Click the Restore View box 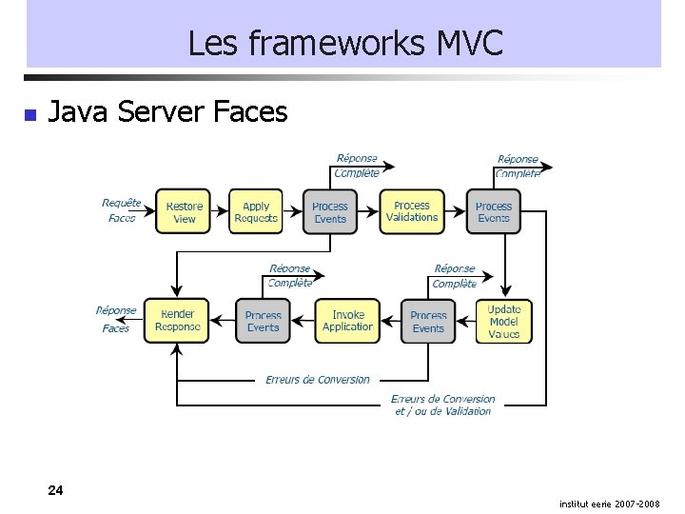point(184,212)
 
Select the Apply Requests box point(256,212)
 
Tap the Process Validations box point(412,211)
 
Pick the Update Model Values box point(503,322)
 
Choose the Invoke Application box point(347,322)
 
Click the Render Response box point(178,322)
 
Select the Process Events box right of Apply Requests point(330,212)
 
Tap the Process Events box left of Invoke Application point(263,322)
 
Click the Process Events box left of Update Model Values point(428,322)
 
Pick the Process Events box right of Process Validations point(493,212)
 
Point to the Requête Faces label point(122,210)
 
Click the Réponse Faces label point(116,320)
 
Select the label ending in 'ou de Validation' point(442,405)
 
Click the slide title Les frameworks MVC point(344,43)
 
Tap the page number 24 point(56,490)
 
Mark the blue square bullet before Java point(29,115)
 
